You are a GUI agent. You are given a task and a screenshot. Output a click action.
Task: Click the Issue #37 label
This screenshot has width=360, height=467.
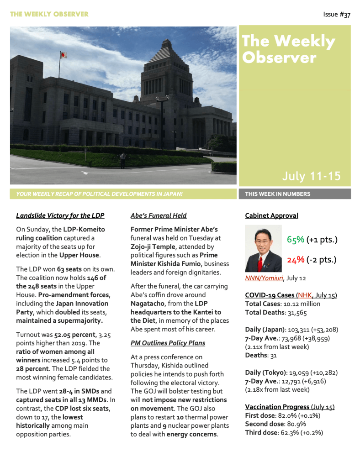tap(337, 15)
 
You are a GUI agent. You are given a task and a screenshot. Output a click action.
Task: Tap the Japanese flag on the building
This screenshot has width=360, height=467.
tap(63, 55)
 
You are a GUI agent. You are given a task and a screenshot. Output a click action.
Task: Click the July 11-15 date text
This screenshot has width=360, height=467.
tap(311, 176)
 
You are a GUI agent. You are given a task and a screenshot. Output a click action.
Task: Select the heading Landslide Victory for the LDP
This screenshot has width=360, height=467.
tap(60, 215)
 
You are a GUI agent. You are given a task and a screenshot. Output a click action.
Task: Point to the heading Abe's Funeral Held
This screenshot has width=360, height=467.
tap(158, 215)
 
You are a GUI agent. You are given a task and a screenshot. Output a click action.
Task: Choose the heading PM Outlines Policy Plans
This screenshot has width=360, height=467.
tap(168, 343)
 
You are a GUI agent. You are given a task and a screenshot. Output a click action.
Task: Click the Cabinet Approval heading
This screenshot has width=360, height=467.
tap(271, 215)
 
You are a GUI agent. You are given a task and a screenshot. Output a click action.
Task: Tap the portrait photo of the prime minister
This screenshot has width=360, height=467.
tap(263, 249)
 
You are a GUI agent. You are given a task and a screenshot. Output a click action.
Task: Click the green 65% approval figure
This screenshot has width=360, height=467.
tap(296, 240)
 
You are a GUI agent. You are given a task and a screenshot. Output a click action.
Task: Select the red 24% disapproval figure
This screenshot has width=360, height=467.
tap(296, 260)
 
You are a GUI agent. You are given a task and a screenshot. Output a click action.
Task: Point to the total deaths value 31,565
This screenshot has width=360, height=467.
tap(295, 312)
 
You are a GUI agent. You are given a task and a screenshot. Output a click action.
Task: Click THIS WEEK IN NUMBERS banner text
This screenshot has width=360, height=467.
tap(277, 194)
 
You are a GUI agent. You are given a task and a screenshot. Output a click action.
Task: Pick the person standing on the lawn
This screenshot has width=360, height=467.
tap(122, 160)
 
